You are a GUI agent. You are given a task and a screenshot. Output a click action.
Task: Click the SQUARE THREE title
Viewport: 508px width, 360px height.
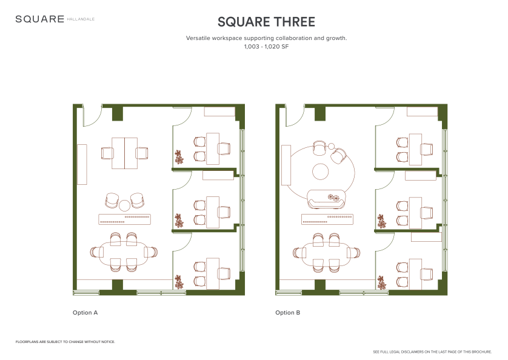point(266,22)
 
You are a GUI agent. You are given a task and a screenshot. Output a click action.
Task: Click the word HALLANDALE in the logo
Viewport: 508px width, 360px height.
point(81,19)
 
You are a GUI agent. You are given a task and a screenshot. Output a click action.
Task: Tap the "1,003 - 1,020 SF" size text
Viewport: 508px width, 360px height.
point(266,46)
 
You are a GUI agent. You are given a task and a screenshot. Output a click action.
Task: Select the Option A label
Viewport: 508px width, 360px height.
point(85,312)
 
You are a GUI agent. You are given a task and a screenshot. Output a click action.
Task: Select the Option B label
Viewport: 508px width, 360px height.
point(288,312)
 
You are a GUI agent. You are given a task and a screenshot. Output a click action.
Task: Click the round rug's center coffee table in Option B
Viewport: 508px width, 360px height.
point(321,172)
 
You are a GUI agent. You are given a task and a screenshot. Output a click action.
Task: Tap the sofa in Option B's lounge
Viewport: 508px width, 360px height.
point(326,199)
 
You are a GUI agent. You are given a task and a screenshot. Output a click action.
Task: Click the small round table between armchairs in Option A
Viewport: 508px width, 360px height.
point(124,205)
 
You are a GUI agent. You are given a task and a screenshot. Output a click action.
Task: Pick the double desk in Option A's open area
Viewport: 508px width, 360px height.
point(125,153)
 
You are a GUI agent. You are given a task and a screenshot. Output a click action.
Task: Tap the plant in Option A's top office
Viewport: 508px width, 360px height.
point(178,157)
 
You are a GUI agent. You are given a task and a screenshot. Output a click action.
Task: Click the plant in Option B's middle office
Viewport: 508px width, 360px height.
point(382,221)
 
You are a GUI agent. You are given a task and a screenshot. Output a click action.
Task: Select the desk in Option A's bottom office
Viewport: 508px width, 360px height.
point(213,274)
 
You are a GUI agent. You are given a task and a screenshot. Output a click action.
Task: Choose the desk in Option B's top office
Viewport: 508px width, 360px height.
point(415,149)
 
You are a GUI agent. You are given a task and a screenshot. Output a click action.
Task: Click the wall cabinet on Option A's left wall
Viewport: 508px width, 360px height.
point(82,165)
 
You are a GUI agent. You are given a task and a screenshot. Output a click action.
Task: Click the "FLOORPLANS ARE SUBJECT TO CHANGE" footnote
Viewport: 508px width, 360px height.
point(65,342)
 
